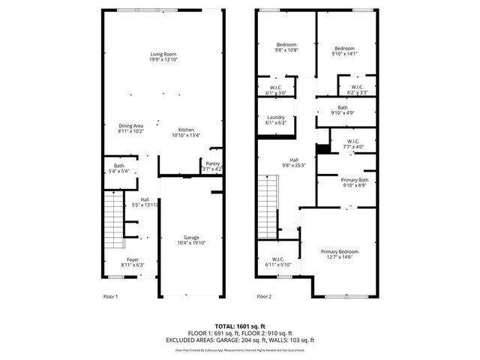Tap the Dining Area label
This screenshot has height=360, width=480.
(130, 128)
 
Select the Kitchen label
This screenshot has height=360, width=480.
(186, 132)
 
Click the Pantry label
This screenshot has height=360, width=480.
(212, 166)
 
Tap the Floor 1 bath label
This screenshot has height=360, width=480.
(119, 168)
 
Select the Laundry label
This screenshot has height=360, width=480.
(276, 120)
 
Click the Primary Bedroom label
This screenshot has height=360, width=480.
(339, 254)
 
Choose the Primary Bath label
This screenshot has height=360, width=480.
(354, 183)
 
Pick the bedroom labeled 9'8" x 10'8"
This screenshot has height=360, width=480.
(286, 48)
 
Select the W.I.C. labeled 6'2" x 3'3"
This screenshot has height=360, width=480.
(357, 90)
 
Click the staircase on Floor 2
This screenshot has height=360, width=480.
(267, 205)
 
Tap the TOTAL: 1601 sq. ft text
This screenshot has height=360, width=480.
(240, 325)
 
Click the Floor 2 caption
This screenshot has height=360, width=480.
(263, 297)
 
